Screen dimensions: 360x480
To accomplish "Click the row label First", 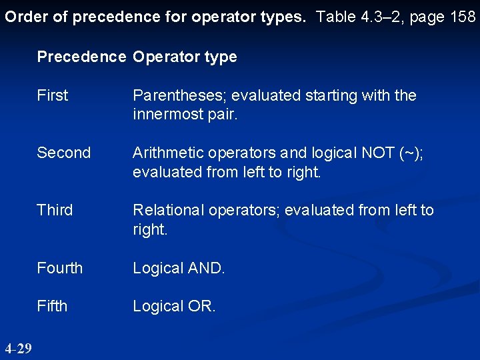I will (x=53, y=95).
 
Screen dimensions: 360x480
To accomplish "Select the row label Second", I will (x=63, y=153).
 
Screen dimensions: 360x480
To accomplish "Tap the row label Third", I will (x=55, y=210).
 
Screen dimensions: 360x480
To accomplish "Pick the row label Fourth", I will (x=60, y=268).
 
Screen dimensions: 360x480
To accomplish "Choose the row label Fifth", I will (x=52, y=306).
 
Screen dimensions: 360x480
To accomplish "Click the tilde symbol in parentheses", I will (x=410, y=153).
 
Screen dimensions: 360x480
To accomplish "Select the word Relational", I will (x=171, y=210).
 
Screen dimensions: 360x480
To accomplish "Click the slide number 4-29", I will (x=17, y=348).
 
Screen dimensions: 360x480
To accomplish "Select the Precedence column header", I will (x=81, y=57).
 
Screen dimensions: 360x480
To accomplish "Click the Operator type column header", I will (x=185, y=57).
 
